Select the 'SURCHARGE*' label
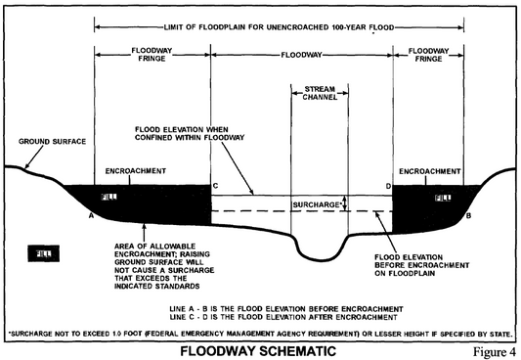[x=319, y=203]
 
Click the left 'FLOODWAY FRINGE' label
[x=152, y=55]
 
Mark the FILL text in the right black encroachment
[x=443, y=199]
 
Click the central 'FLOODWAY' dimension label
[x=301, y=55]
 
